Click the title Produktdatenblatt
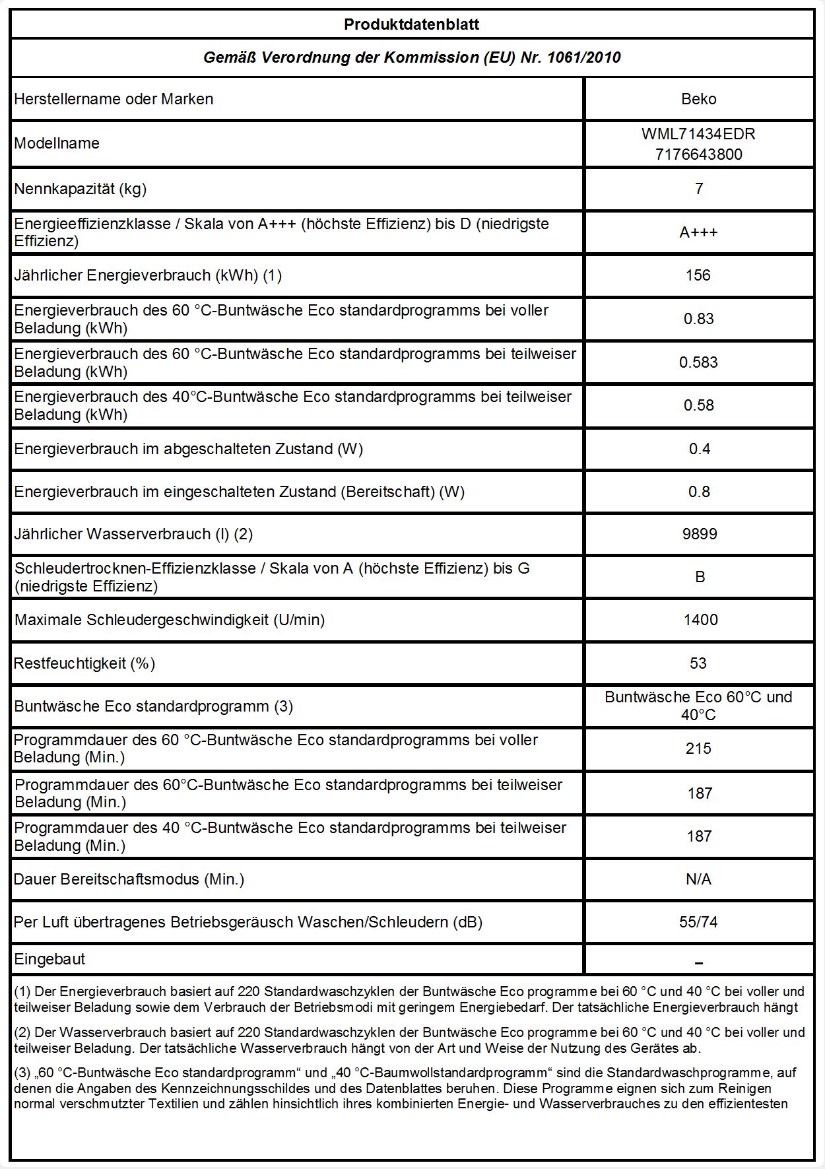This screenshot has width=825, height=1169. coord(411,25)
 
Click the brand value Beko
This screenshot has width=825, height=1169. coord(698,99)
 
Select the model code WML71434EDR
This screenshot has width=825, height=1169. coord(698,134)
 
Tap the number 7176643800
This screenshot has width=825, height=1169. coord(698,154)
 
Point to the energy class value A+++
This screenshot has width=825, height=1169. coord(698,232)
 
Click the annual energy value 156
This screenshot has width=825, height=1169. coord(698,275)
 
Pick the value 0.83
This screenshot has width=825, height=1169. coord(698,319)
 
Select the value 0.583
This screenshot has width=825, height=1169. coord(698,362)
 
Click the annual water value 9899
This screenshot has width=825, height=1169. coord(699,534)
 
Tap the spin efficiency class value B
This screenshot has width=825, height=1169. coord(700,577)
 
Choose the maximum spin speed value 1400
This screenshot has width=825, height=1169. coord(700,620)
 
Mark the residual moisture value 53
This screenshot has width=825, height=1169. coord(698,663)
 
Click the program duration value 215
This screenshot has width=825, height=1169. coord(698,749)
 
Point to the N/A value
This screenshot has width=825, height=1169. coord(698,879)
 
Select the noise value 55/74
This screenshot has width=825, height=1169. coord(698,922)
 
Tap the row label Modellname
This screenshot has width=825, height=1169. coord(57,143)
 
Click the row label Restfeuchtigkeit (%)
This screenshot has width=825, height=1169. coord(84,663)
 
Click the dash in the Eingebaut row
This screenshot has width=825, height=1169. coord(699,963)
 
